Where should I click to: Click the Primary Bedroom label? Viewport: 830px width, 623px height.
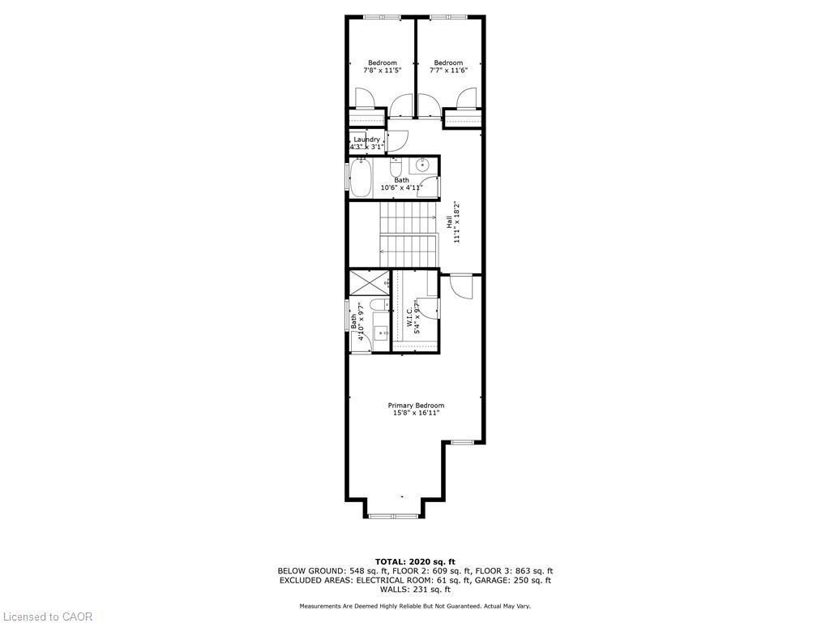[416, 406]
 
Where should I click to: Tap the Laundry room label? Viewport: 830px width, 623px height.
[367, 140]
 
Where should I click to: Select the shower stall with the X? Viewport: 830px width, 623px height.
[368, 283]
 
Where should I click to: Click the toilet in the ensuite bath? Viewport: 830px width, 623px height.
[376, 306]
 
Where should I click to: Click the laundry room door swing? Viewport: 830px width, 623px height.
[396, 140]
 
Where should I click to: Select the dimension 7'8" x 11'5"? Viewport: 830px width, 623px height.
[382, 71]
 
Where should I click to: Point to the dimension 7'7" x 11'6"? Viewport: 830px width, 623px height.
[448, 71]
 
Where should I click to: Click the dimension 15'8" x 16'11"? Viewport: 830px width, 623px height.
[416, 414]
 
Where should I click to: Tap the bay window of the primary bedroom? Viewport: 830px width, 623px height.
[392, 514]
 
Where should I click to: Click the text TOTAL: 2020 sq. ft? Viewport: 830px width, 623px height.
[415, 561]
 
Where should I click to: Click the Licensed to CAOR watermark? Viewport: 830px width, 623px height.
[48, 617]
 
